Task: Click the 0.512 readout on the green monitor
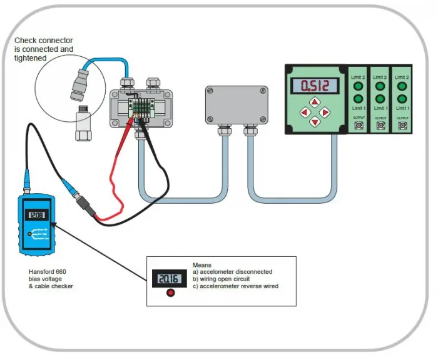[315, 85]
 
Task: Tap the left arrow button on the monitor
[305, 112]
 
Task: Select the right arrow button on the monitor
[325, 112]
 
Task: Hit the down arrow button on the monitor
[315, 121]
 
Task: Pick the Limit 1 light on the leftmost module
[359, 99]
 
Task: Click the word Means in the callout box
[202, 264]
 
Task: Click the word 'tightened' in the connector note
[30, 57]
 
